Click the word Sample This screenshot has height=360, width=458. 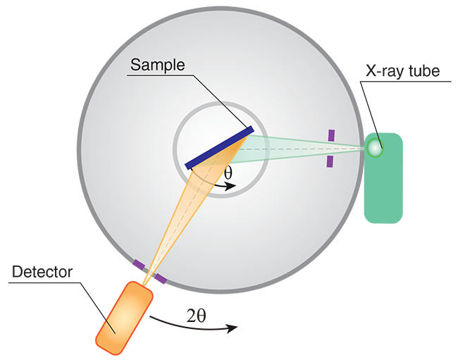point(156,66)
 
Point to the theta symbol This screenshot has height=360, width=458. point(227,173)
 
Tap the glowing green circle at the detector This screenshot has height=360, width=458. point(374,147)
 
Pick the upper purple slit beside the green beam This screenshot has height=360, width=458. point(330,135)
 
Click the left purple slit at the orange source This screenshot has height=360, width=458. point(137,265)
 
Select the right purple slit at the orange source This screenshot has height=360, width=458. point(161,283)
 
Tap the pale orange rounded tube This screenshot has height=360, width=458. point(124,318)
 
